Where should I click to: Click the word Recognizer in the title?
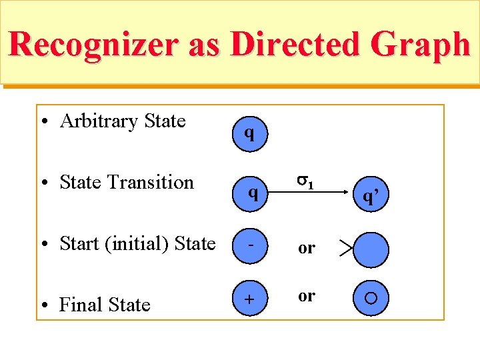point(93,45)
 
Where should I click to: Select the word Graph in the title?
point(423,45)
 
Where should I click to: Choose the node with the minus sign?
point(249,244)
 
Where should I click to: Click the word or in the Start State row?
point(307,248)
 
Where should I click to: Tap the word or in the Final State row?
point(307,295)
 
